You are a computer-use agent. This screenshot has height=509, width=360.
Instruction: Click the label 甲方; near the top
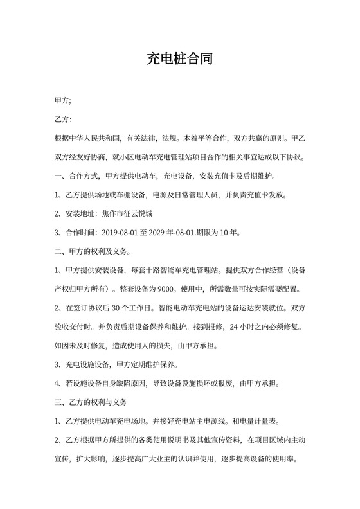click(63, 101)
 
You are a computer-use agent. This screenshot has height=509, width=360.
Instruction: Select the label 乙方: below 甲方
click(63, 120)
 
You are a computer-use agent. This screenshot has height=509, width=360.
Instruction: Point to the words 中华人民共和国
click(98, 138)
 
